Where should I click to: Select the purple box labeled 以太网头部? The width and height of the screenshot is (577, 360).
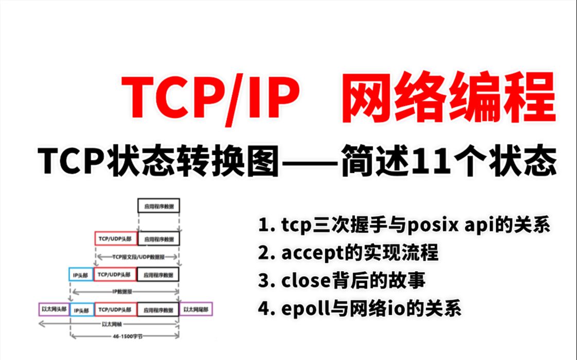pyautogui.click(x=54, y=309)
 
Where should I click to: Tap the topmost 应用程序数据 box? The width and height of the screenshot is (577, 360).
pyautogui.click(x=159, y=206)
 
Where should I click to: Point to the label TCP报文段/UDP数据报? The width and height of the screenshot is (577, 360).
pyautogui.click(x=137, y=256)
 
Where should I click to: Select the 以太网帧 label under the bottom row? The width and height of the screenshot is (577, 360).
pyautogui.click(x=110, y=324)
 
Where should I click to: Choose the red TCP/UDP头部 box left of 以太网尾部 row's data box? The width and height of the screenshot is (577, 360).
pyautogui.click(x=115, y=310)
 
